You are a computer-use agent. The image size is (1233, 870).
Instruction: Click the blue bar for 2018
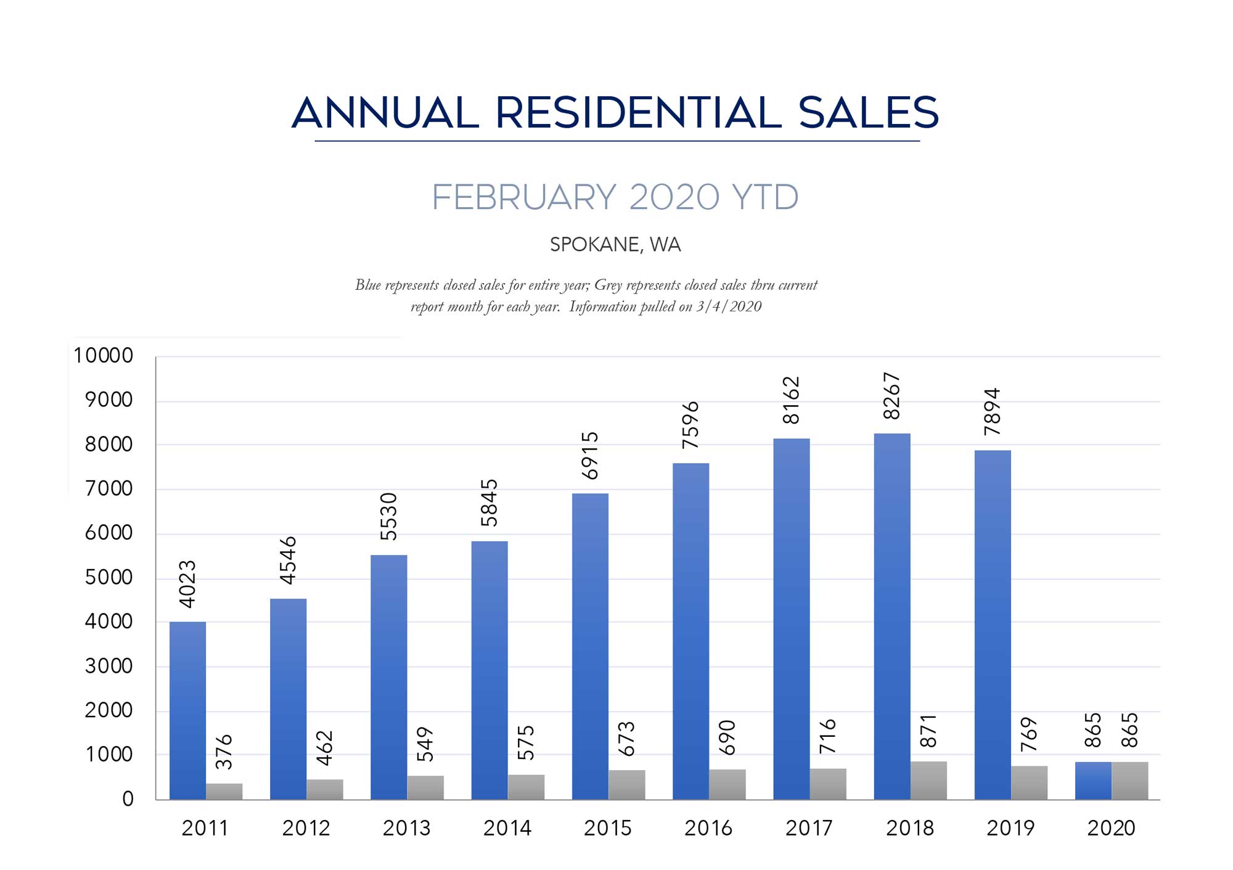coord(891,617)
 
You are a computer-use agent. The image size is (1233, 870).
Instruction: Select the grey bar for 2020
coord(1129,781)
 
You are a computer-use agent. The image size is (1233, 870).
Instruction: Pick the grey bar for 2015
coord(626,784)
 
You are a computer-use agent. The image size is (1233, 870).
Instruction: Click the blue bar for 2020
coord(1093,781)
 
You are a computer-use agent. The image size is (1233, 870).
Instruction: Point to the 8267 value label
coord(892,396)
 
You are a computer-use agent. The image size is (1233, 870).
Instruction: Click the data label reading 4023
coord(187,583)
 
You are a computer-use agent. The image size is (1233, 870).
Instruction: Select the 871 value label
coord(928,731)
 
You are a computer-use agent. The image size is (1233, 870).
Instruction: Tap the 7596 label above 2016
coord(691,425)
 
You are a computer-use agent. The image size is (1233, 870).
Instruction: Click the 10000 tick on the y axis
coord(103,356)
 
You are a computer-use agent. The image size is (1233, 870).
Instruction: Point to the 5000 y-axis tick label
coord(109,578)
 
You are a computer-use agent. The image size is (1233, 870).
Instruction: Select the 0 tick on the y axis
coord(128,799)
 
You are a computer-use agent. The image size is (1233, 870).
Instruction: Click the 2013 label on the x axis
coord(406,828)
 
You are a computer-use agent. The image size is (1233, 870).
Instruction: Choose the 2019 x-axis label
coord(1010,828)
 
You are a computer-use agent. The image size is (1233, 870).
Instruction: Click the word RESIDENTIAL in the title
coord(638,113)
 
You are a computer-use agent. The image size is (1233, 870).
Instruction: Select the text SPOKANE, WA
coord(615,245)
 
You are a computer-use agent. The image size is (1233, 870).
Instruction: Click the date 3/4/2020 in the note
coord(729,307)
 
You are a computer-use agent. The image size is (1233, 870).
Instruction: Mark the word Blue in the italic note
coord(367,285)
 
